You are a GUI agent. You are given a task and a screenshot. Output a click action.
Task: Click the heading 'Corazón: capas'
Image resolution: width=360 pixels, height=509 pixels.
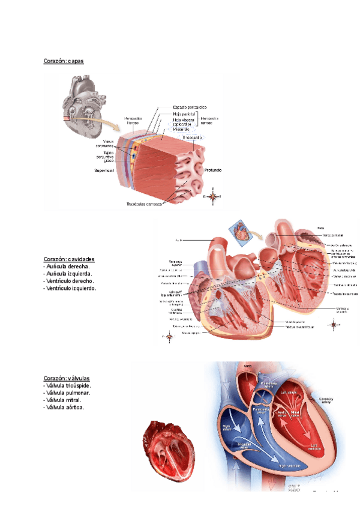pyautogui.click(x=64, y=61)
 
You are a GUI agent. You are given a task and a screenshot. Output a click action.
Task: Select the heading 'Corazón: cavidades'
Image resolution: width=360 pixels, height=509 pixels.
pyautogui.click(x=69, y=259)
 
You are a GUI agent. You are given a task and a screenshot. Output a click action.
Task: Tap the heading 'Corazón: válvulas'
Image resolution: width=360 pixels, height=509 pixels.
pyautogui.click(x=67, y=378)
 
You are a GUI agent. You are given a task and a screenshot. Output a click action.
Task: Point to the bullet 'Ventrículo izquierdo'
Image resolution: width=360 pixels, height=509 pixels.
pyautogui.click(x=70, y=288)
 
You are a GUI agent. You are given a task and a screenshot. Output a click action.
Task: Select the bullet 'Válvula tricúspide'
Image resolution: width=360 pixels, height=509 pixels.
pyautogui.click(x=68, y=385)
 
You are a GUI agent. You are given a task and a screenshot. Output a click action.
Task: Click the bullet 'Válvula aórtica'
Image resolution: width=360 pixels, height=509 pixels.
pyautogui.click(x=65, y=407)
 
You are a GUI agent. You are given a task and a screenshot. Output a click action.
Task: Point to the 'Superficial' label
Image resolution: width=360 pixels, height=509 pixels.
pyautogui.click(x=104, y=170)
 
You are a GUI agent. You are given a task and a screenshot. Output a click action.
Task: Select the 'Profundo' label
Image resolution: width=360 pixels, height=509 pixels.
pyautogui.click(x=212, y=170)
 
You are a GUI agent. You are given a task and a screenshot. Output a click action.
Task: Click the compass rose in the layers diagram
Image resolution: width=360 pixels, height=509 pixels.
pyautogui.click(x=212, y=196)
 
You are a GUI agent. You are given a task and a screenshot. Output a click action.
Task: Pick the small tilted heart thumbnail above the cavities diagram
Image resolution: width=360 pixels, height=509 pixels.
pyautogui.click(x=242, y=232)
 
